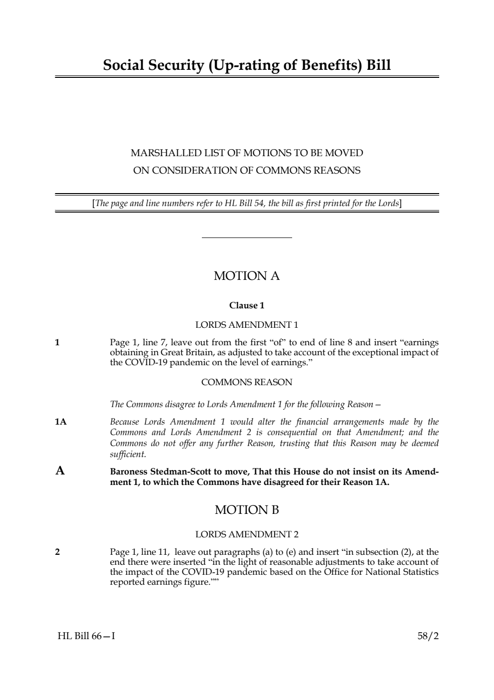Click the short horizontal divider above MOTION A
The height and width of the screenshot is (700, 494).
(247, 238)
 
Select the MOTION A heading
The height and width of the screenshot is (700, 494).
(247, 276)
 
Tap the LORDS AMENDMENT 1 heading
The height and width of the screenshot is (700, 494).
(247, 325)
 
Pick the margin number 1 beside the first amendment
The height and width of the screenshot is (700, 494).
(57, 342)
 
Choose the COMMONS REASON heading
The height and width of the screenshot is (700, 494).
(247, 382)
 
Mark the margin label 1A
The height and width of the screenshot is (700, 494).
(60, 422)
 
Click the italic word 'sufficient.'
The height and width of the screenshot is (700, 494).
(128, 455)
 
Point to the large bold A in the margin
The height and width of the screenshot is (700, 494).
(60, 470)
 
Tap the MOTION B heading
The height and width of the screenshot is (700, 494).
(247, 510)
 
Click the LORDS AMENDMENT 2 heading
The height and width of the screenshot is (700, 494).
(247, 534)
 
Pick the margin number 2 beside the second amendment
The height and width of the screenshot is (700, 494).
(57, 552)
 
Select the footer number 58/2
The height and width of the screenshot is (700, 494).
(428, 636)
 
